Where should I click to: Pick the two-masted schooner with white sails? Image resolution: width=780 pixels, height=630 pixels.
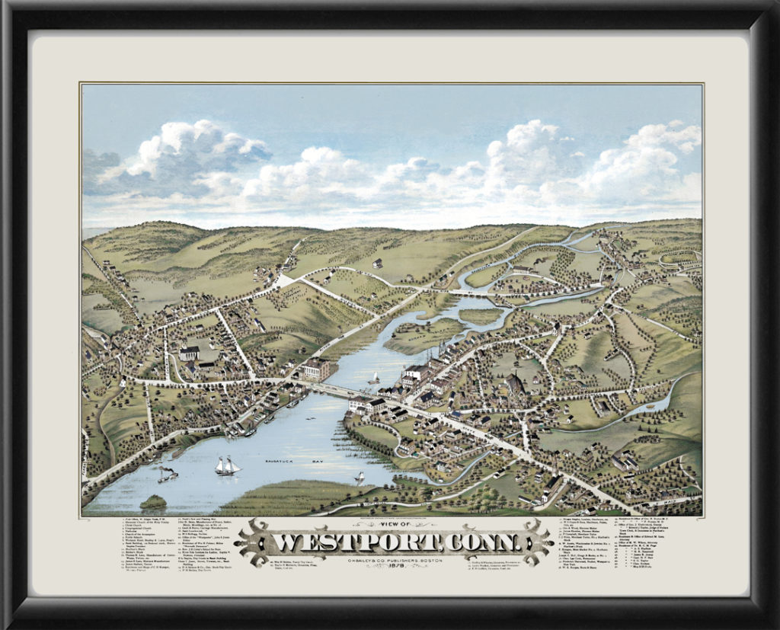(227, 465)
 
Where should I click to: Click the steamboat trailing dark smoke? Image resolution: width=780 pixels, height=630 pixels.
(167, 475)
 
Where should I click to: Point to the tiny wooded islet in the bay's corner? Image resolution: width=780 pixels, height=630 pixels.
(153, 502)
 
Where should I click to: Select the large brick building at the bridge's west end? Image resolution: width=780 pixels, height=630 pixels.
(315, 369)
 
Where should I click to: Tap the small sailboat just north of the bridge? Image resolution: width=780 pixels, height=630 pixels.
(374, 378)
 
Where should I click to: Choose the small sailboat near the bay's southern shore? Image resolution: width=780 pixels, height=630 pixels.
(360, 478)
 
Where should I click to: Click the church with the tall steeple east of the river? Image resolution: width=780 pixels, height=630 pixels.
(516, 381)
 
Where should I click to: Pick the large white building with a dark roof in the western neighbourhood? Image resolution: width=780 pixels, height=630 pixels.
(189, 353)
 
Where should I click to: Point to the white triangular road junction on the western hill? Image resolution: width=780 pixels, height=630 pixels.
(286, 280)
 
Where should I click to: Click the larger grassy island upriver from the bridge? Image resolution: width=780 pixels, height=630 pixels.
(423, 335)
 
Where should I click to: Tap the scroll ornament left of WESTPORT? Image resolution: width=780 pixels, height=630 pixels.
(255, 542)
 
